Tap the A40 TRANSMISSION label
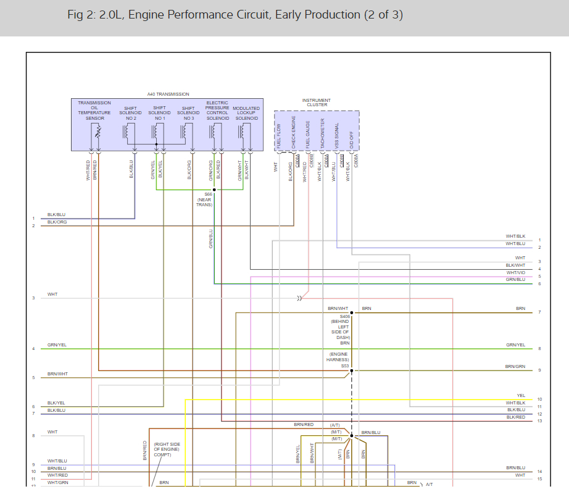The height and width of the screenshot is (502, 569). point(168,94)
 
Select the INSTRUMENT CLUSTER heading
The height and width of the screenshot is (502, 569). point(316,102)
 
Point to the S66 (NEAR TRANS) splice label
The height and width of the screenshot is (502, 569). point(204,199)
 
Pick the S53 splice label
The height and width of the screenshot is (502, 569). point(345,366)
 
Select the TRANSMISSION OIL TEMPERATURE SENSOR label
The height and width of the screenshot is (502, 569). point(94,111)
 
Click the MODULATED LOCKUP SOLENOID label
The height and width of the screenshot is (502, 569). point(246,113)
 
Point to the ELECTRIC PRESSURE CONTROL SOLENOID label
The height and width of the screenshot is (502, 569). point(217,111)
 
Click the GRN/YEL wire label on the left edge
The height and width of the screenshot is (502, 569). point(57,345)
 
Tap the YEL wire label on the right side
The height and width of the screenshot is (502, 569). point(521,395)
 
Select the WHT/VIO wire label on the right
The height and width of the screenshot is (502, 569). point(516,272)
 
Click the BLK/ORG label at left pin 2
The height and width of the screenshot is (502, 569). point(57,222)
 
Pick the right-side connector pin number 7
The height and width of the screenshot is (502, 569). point(539,312)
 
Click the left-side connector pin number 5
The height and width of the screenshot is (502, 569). point(34,378)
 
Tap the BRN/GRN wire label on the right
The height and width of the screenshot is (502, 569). point(515,366)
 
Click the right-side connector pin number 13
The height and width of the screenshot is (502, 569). point(539,421)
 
